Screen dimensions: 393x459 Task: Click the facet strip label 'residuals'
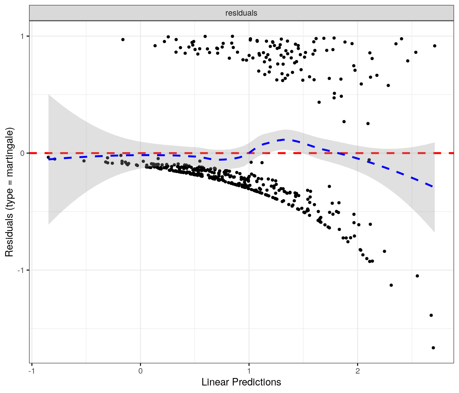tap(241, 13)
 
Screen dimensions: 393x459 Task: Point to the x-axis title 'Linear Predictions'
tap(241, 382)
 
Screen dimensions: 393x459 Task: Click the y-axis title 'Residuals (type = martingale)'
tap(9, 192)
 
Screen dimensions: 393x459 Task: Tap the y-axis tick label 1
tap(23, 36)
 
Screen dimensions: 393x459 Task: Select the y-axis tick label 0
tap(23, 153)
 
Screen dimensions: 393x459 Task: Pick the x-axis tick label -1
tap(31, 371)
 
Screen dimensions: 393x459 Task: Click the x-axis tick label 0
tap(140, 371)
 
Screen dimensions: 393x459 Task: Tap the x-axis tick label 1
tap(249, 371)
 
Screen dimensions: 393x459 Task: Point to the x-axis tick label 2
tap(358, 371)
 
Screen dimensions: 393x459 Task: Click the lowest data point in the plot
tap(433, 348)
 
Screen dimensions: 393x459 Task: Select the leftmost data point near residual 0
tap(48, 157)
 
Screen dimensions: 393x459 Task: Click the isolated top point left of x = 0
tap(123, 40)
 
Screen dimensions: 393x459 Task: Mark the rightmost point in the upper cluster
tap(435, 46)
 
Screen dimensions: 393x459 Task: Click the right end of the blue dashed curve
tap(433, 187)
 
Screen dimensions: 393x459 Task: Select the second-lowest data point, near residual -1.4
tap(431, 315)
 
